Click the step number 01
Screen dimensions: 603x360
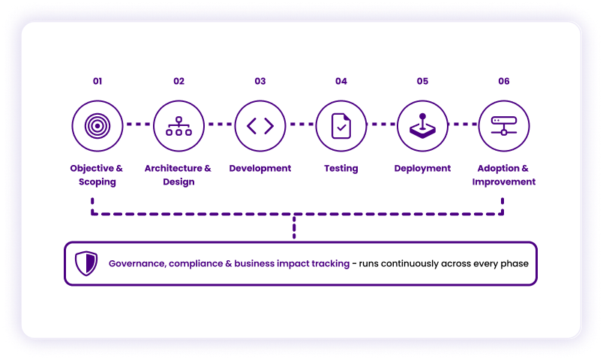pos(97,81)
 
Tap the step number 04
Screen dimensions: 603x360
pos(341,81)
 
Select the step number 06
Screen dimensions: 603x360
pos(504,81)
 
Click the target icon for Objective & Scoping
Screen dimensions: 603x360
pos(97,126)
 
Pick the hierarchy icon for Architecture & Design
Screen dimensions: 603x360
pos(178,126)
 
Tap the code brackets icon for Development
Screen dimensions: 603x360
pos(260,126)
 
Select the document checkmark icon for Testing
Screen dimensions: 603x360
pos(341,126)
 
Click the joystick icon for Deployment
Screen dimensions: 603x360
pos(422,126)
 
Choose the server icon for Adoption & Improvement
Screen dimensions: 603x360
pos(504,126)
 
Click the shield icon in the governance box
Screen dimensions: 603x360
pos(86,263)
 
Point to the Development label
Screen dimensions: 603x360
pos(260,169)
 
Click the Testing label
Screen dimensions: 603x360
pos(341,169)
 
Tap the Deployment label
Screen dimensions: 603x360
pos(422,169)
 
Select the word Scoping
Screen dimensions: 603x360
pos(97,182)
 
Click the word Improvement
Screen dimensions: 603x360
pos(504,182)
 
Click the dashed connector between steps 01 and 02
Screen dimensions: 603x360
pos(138,124)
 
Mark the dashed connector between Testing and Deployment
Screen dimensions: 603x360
pos(382,124)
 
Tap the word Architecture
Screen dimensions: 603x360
pos(173,169)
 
